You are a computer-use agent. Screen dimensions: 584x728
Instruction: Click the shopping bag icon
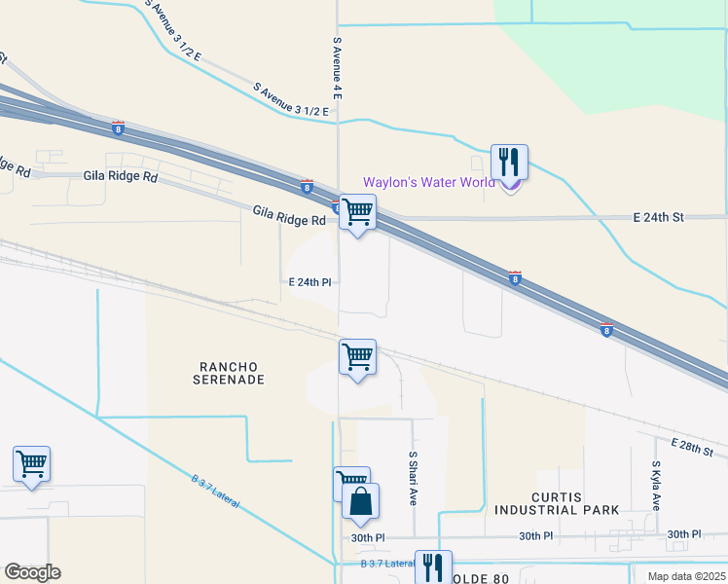pos(360,502)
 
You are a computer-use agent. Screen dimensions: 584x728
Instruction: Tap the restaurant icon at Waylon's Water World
pos(509,163)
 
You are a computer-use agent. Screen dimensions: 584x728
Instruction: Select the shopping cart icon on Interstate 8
pos(358,211)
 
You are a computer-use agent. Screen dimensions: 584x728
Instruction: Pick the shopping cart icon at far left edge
pos(32,464)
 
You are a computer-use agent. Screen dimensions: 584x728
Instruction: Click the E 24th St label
pos(659,217)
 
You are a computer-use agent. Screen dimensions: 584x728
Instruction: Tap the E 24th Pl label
pos(310,281)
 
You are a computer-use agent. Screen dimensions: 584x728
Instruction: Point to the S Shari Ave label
pos(413,478)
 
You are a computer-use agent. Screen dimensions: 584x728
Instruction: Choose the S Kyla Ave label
pos(657,487)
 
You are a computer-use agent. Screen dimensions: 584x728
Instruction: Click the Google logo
pos(32,572)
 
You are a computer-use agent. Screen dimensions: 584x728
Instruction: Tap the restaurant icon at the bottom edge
pos(431,567)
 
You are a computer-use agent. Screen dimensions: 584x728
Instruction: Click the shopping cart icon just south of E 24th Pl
pos(358,357)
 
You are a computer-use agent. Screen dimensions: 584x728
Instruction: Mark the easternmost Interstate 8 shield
pos(606,329)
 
